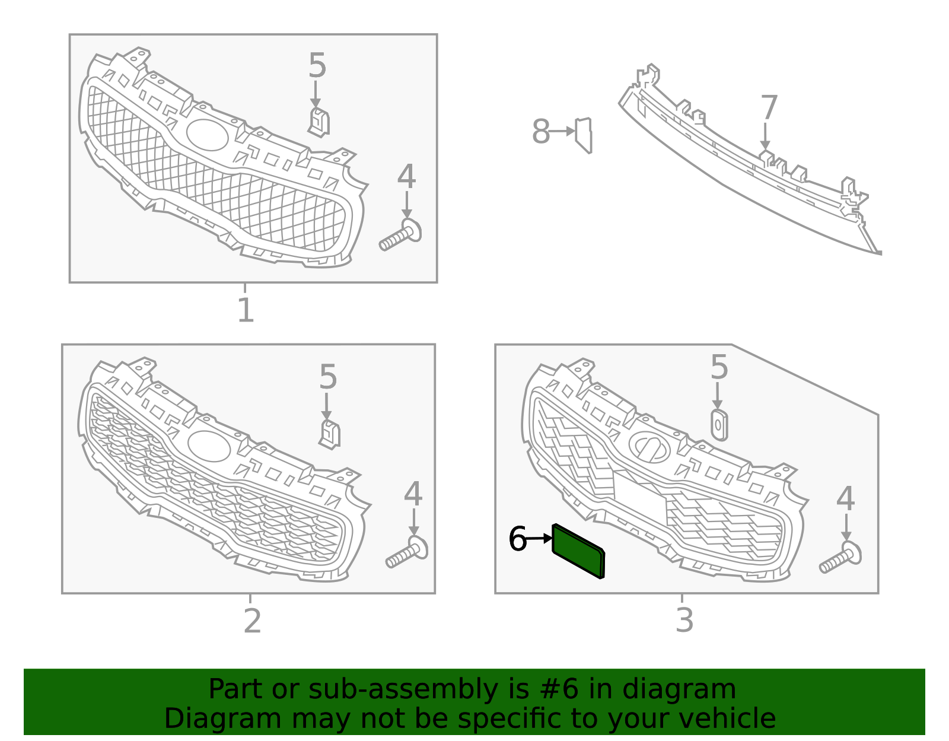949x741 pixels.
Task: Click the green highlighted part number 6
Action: [578, 551]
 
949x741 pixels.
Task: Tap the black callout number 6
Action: [517, 539]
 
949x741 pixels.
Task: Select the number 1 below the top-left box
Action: [245, 310]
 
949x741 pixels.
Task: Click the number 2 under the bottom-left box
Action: [252, 621]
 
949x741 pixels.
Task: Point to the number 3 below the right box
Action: [684, 620]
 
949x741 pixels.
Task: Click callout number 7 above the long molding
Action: [769, 108]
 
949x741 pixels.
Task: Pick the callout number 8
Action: [540, 132]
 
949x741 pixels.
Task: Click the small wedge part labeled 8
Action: [584, 135]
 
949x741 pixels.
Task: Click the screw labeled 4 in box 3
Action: [840, 558]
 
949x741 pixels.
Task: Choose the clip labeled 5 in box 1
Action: [319, 122]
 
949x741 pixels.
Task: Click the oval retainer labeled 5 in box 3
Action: [719, 425]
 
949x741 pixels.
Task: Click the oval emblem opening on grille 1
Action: [207, 135]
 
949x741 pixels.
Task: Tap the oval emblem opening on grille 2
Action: [209, 446]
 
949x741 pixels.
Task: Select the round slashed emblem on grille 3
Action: [649, 447]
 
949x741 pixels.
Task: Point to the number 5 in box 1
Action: [317, 66]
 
